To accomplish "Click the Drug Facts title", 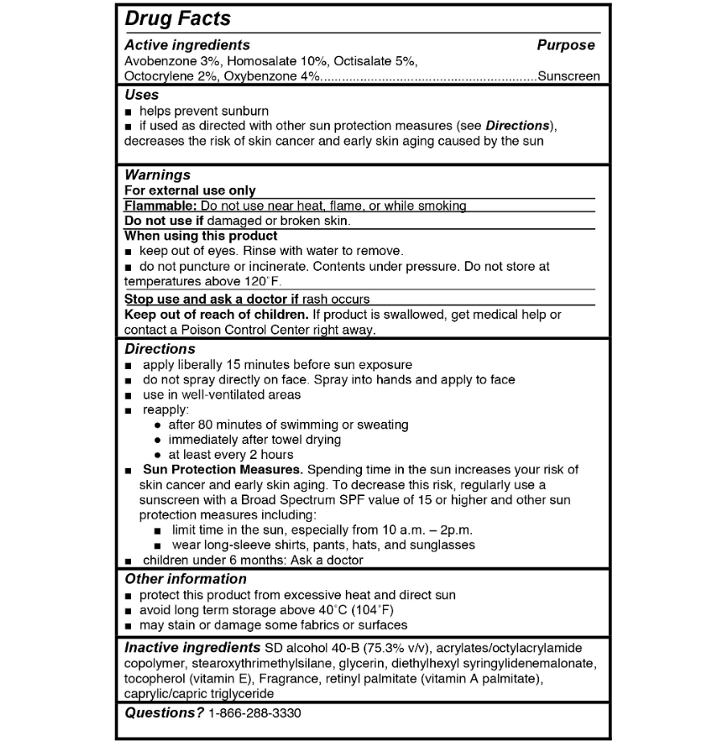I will [x=178, y=18].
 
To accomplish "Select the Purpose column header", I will [x=565, y=46].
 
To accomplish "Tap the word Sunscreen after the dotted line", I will [x=569, y=76].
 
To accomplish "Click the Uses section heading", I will [x=142, y=95].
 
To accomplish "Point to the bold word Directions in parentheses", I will [x=517, y=126].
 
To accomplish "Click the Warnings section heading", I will [x=158, y=174].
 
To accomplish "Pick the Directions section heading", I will [x=160, y=349].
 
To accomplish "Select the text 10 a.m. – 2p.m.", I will [x=421, y=530].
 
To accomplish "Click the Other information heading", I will [x=186, y=579].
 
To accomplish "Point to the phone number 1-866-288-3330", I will [x=254, y=713].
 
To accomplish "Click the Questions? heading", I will [x=164, y=713].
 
